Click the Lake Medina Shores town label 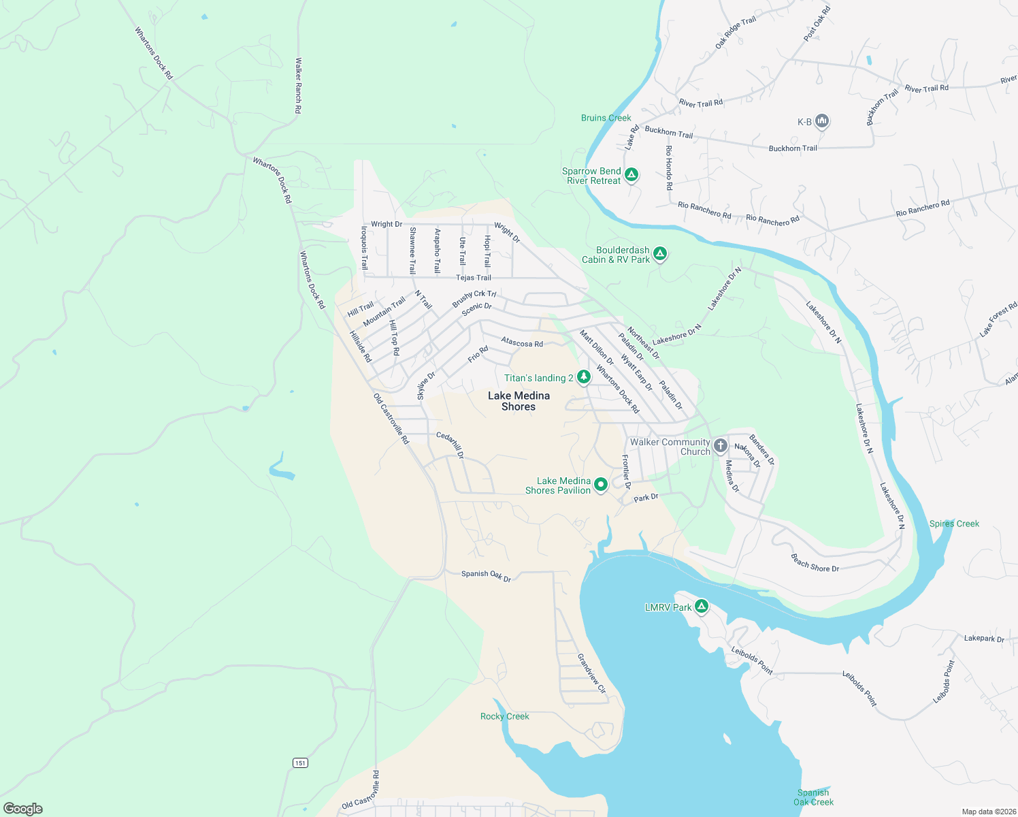tap(519, 401)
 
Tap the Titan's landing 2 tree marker tap(583, 377)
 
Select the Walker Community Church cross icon tap(721, 447)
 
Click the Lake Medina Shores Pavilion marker tap(601, 485)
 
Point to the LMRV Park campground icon tap(702, 606)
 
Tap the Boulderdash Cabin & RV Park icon tap(659, 254)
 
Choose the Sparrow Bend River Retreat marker tap(631, 175)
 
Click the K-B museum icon tap(822, 121)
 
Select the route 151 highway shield tap(300, 763)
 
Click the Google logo tap(23, 809)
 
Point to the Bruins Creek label tap(606, 118)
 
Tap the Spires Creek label tap(954, 524)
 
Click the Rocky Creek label tap(504, 716)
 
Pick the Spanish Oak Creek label tap(813, 797)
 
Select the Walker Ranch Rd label tap(298, 85)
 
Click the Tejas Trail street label tap(474, 278)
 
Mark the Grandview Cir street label tap(591, 673)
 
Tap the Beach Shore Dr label tap(815, 563)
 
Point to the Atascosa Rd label tap(522, 342)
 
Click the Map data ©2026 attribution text tap(987, 812)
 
